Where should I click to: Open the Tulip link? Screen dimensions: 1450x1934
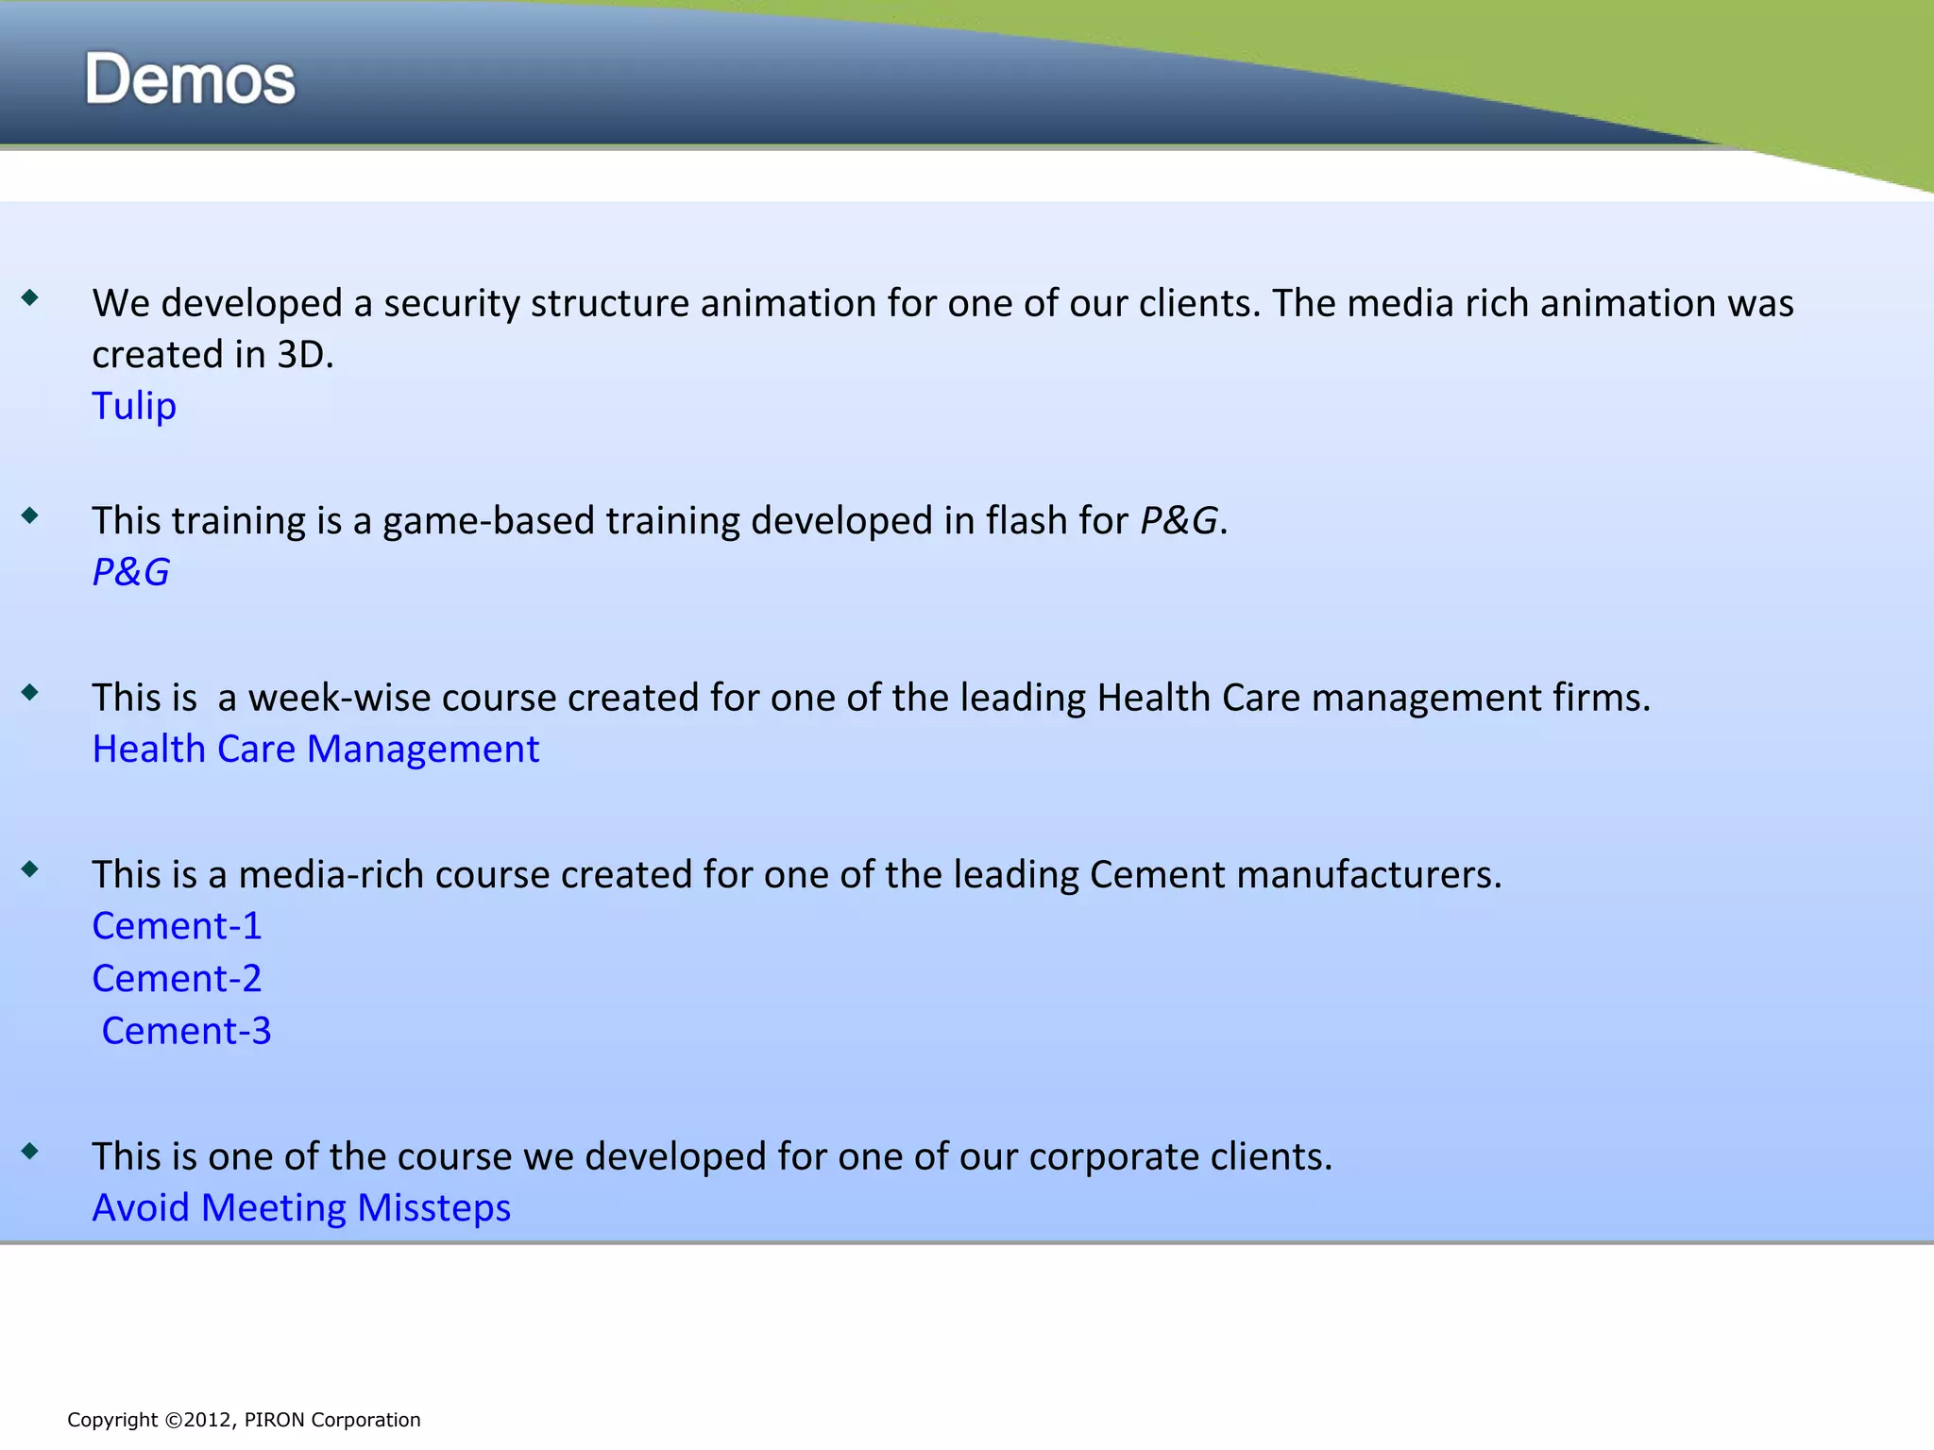[x=134, y=406]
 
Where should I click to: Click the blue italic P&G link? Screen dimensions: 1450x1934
[x=130, y=572]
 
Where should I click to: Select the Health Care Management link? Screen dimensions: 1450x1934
[x=315, y=749]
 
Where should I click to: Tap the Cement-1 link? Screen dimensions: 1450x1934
[x=177, y=926]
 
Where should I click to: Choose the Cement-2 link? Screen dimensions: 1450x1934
[x=177, y=978]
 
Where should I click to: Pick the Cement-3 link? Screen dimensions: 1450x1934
[x=186, y=1031]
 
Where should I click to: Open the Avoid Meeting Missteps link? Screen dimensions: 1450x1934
[x=301, y=1207]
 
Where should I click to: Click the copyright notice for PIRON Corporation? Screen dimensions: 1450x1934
[x=244, y=1420]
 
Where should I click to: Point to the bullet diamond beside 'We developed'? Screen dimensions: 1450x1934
[x=30, y=298]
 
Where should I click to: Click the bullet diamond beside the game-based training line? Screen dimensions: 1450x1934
[x=30, y=515]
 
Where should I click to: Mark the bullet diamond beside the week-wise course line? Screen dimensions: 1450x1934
[x=30, y=693]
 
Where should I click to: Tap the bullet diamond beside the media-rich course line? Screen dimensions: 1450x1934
[x=30, y=869]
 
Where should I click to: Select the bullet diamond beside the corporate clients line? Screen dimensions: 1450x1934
[x=30, y=1151]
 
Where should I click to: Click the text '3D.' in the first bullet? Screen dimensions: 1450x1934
[x=305, y=355]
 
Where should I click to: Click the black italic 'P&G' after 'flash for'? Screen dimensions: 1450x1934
[x=1179, y=520]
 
